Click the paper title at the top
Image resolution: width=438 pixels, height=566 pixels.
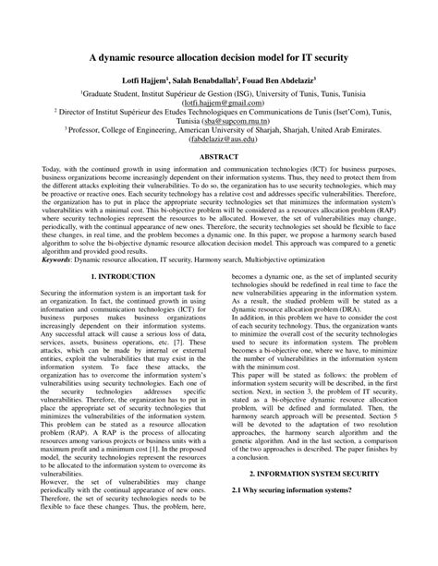[x=219, y=56]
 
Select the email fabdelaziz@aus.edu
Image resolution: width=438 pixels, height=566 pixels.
[x=219, y=141]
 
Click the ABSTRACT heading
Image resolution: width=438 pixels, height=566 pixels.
[x=219, y=158]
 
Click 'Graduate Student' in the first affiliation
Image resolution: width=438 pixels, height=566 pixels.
[x=113, y=94]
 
